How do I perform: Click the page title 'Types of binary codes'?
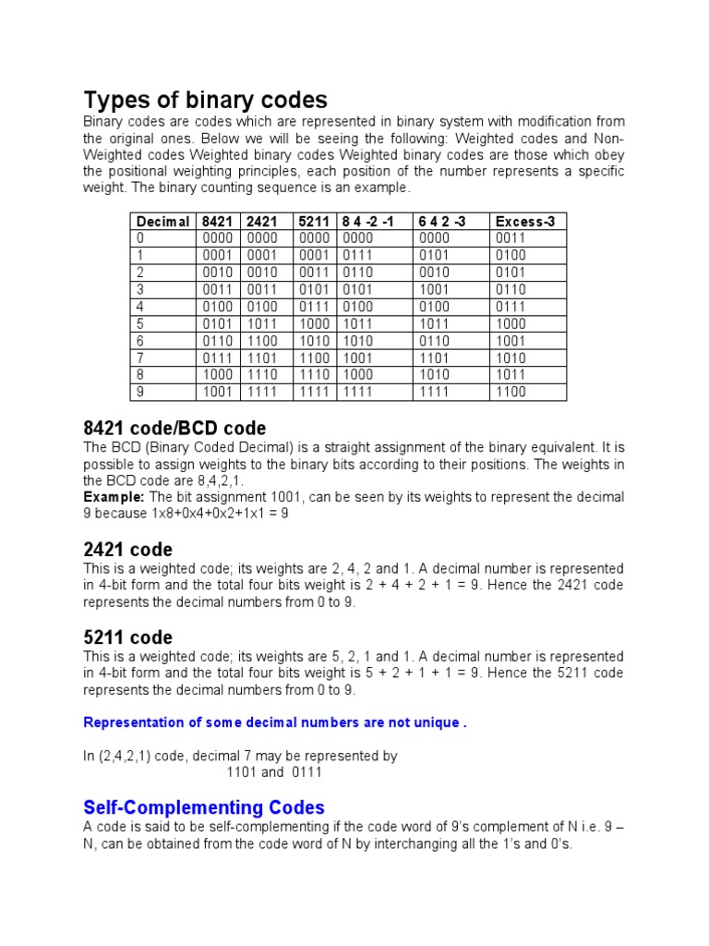click(x=205, y=99)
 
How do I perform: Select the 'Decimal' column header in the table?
click(x=162, y=222)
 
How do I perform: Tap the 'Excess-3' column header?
click(x=524, y=222)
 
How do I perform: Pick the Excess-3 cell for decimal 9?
click(x=511, y=392)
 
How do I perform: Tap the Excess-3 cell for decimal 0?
click(x=511, y=238)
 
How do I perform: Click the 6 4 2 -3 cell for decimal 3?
click(x=434, y=290)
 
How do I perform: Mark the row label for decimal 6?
click(x=140, y=341)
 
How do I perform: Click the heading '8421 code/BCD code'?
click(x=174, y=429)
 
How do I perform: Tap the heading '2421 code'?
click(x=127, y=550)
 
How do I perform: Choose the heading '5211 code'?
click(x=127, y=637)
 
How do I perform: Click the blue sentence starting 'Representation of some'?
click(x=274, y=722)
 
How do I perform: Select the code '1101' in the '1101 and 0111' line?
click(x=242, y=772)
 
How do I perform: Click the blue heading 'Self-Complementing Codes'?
click(x=204, y=807)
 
